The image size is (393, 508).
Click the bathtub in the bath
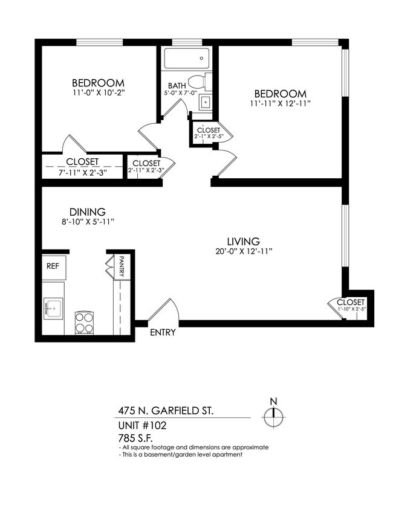click(x=186, y=59)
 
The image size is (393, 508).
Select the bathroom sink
click(x=205, y=101)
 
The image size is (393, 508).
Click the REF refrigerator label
click(x=53, y=265)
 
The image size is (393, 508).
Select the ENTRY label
click(x=163, y=332)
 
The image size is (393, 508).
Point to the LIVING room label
click(x=244, y=240)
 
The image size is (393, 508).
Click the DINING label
click(x=88, y=212)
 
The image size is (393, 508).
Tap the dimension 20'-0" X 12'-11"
click(x=244, y=251)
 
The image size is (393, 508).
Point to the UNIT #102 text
click(x=142, y=425)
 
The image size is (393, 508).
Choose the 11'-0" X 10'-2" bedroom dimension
click(x=99, y=94)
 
